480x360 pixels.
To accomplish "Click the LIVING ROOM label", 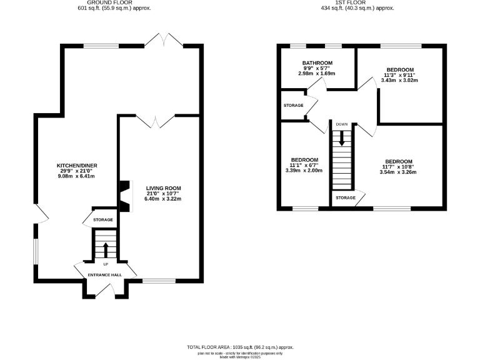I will [x=163, y=188].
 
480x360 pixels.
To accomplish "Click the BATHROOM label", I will [x=317, y=63].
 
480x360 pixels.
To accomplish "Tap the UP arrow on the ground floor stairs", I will [x=105, y=250].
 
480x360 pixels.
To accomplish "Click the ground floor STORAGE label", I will [x=103, y=220].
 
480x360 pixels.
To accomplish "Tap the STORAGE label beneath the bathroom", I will [x=293, y=105].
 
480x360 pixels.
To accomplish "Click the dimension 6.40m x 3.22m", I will [x=163, y=199].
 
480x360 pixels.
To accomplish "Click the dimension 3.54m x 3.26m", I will [x=398, y=172].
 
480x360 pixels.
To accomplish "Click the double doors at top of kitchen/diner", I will [x=163, y=40].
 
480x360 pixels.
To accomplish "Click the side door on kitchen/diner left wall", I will [x=41, y=214].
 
